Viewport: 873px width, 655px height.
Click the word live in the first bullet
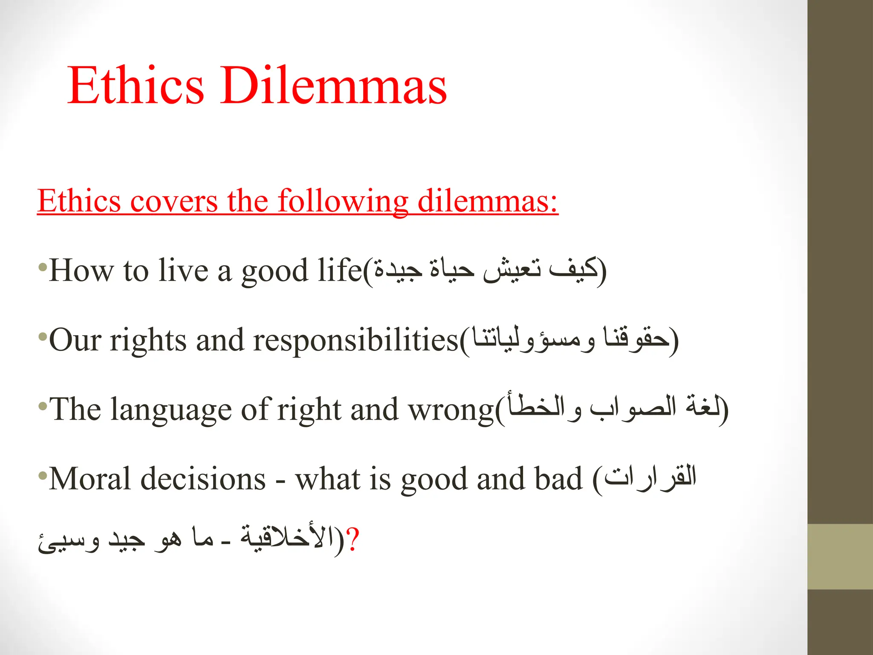coord(183,271)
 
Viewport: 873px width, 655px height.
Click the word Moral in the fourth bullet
coord(90,479)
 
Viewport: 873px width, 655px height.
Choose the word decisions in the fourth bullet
coord(203,479)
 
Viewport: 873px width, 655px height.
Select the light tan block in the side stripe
coord(840,556)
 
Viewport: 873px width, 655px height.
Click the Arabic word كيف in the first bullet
coord(573,270)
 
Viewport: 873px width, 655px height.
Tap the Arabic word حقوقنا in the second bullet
coord(635,339)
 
